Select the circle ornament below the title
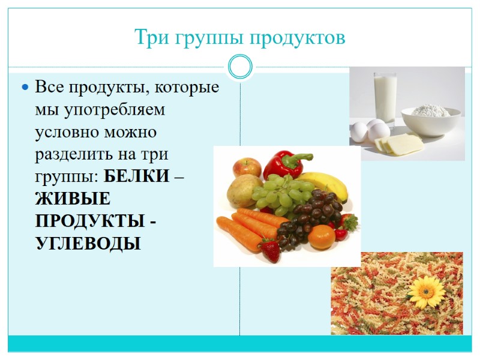241,67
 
